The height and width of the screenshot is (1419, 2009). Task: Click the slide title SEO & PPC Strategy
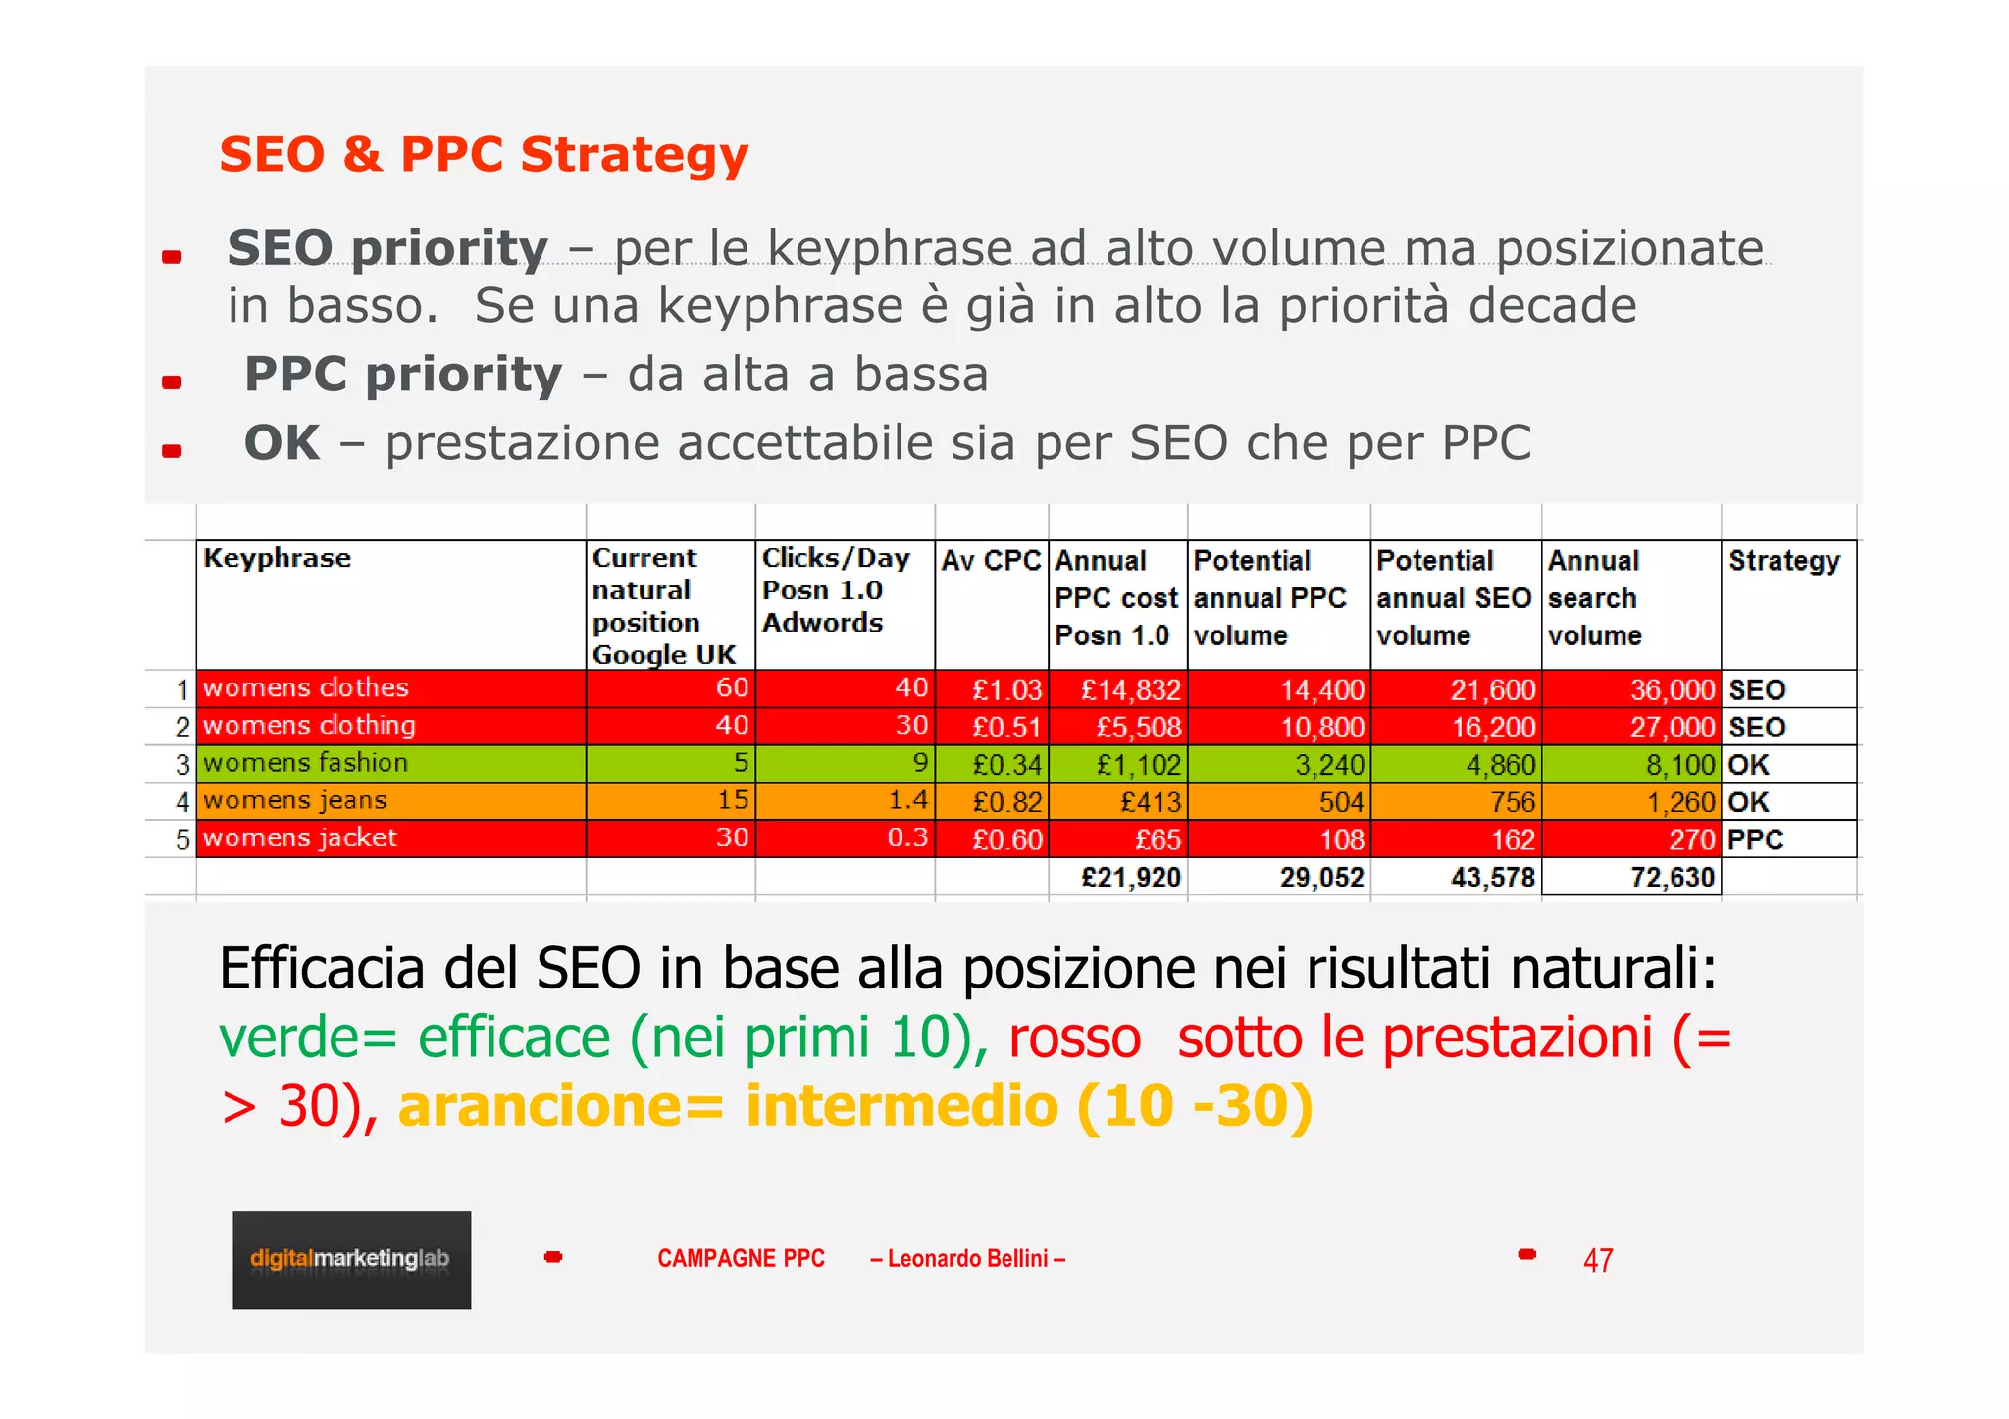point(484,155)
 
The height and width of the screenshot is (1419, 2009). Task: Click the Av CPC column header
point(991,561)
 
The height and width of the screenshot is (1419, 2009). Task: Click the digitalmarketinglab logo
point(351,1259)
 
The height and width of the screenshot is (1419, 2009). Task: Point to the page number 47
point(1597,1260)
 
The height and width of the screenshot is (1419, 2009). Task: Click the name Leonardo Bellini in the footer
point(967,1258)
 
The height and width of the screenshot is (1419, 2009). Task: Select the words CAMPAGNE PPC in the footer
point(741,1258)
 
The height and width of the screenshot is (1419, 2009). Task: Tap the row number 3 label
point(182,764)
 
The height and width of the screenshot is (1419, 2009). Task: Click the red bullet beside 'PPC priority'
point(172,382)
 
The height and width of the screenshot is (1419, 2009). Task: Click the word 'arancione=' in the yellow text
point(560,1106)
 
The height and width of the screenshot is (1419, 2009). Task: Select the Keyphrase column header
point(277,558)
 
